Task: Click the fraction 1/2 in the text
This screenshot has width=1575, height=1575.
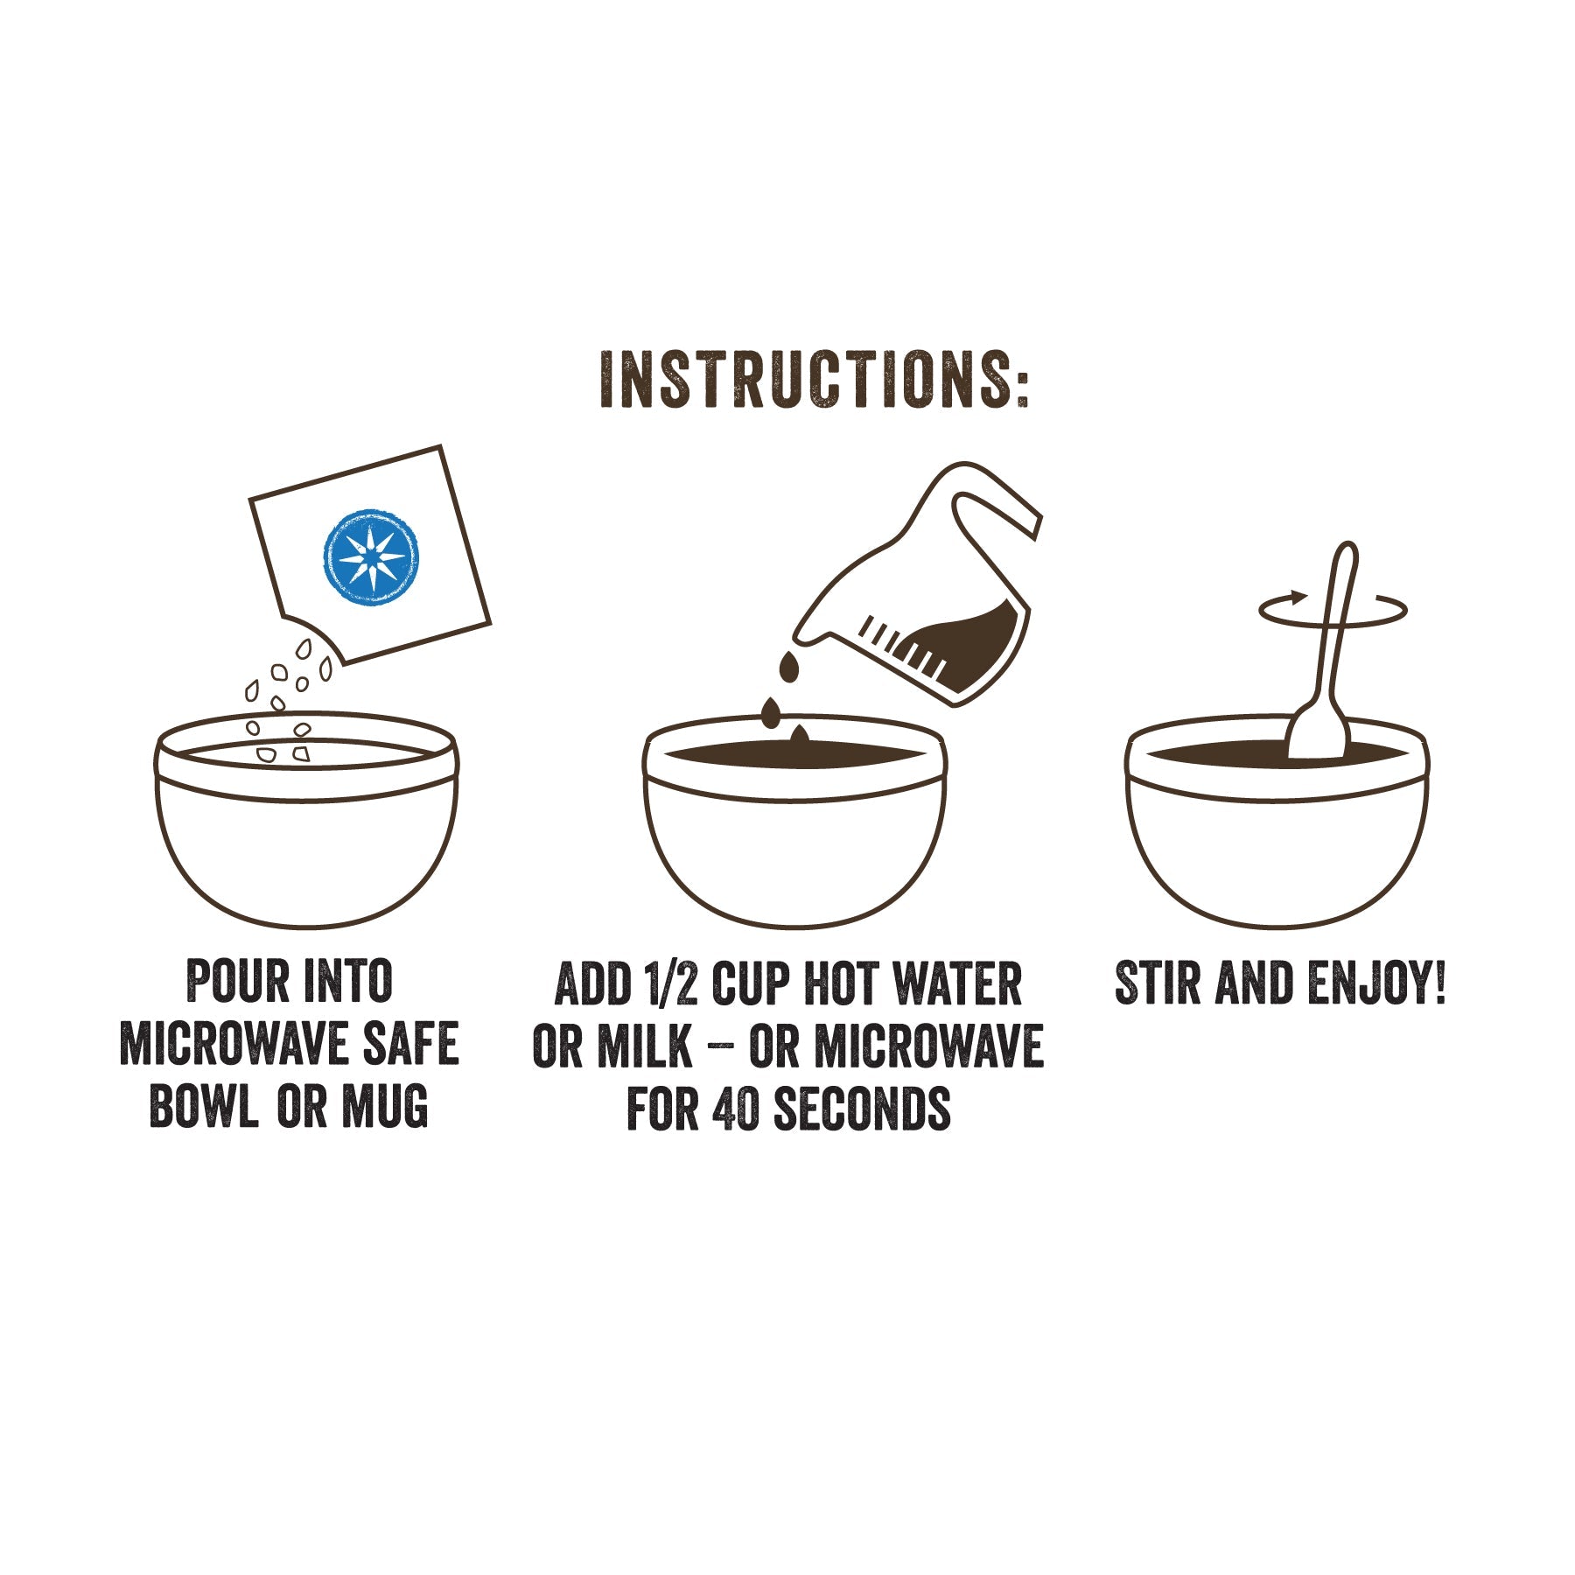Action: pos(669,983)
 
